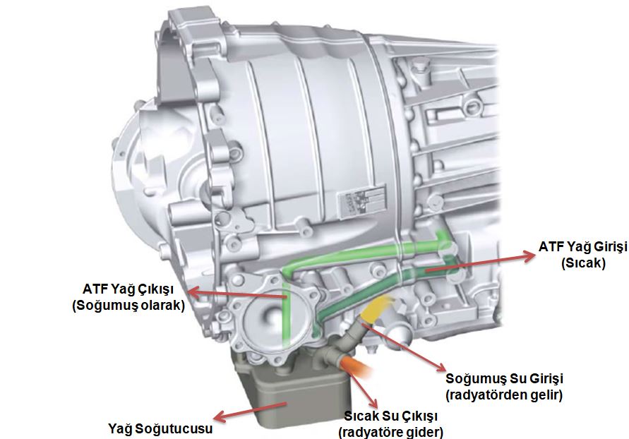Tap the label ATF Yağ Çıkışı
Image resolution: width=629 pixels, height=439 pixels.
tap(128, 289)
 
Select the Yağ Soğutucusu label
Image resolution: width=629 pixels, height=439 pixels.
tap(160, 428)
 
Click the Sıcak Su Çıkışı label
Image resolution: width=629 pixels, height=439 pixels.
tap(391, 416)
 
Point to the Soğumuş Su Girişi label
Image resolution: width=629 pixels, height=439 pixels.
tap(504, 378)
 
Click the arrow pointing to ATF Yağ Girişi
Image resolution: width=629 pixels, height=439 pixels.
tap(481, 262)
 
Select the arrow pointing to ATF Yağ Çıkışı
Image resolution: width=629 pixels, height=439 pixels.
tap(237, 294)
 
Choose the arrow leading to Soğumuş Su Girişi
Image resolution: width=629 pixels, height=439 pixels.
tap(405, 347)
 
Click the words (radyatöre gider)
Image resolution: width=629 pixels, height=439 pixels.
tap(391, 432)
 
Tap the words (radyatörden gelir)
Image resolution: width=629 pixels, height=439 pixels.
tap(504, 395)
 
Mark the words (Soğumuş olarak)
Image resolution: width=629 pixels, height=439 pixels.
tap(128, 306)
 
